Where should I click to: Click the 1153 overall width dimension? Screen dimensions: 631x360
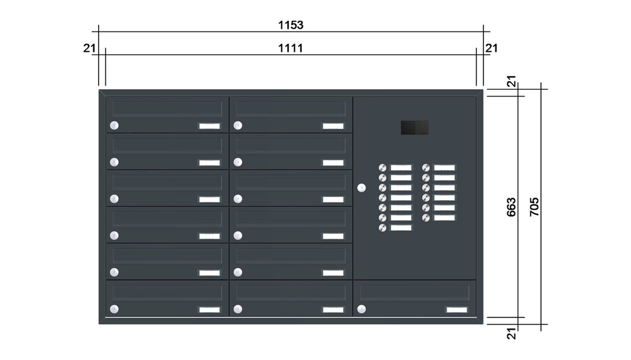(291, 25)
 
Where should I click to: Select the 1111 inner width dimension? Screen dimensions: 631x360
(291, 48)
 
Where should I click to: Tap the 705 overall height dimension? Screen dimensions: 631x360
(534, 207)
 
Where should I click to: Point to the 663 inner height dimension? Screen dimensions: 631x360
(511, 207)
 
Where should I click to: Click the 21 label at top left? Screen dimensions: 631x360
(90, 48)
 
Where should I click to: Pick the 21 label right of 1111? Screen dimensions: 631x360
(492, 48)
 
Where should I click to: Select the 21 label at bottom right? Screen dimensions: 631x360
(511, 333)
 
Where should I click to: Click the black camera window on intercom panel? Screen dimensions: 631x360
(415, 127)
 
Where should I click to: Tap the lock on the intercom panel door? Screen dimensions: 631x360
(361, 188)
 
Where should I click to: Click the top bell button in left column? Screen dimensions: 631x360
(382, 168)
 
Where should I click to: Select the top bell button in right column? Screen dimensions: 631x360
(426, 168)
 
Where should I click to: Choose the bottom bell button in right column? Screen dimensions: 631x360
(426, 218)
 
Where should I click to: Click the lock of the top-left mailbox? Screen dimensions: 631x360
(114, 125)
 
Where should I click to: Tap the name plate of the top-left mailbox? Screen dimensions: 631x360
(209, 126)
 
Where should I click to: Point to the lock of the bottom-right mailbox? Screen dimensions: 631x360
(361, 309)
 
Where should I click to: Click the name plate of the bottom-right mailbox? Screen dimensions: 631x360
(457, 310)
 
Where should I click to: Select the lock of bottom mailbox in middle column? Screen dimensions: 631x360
(238, 309)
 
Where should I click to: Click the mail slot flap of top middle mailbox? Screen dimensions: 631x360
(291, 109)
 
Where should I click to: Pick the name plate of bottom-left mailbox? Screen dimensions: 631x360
(209, 310)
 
